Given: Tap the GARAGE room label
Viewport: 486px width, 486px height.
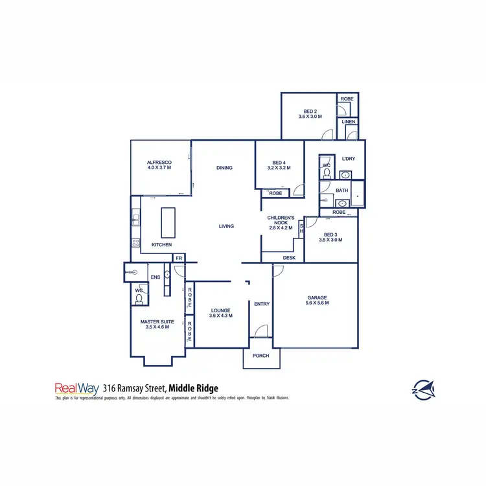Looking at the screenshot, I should tap(318, 298).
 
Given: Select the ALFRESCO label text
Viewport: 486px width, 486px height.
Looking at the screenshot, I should tap(158, 163).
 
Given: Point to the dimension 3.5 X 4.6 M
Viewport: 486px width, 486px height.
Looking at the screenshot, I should tap(157, 327).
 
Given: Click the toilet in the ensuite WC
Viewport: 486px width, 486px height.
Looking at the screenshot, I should tap(139, 299).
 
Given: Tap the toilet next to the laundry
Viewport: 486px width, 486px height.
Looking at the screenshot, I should tap(326, 174).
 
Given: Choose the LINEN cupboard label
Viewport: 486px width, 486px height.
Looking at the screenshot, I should tap(348, 122).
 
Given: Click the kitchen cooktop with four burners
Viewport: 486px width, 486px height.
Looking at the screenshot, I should tap(136, 243).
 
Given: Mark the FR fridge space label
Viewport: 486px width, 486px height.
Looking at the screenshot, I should tap(178, 258).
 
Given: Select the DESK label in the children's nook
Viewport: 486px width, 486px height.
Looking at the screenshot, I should tap(289, 258).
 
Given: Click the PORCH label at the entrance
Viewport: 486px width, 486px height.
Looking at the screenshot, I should tap(261, 356).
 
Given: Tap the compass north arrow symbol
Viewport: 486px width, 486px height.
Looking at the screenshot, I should tap(423, 388).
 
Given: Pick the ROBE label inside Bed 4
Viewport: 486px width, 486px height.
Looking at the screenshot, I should tap(275, 193).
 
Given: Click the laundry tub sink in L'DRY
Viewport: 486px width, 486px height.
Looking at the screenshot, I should tap(346, 175).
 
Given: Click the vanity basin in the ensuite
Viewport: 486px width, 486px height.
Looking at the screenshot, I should tap(167, 275).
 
